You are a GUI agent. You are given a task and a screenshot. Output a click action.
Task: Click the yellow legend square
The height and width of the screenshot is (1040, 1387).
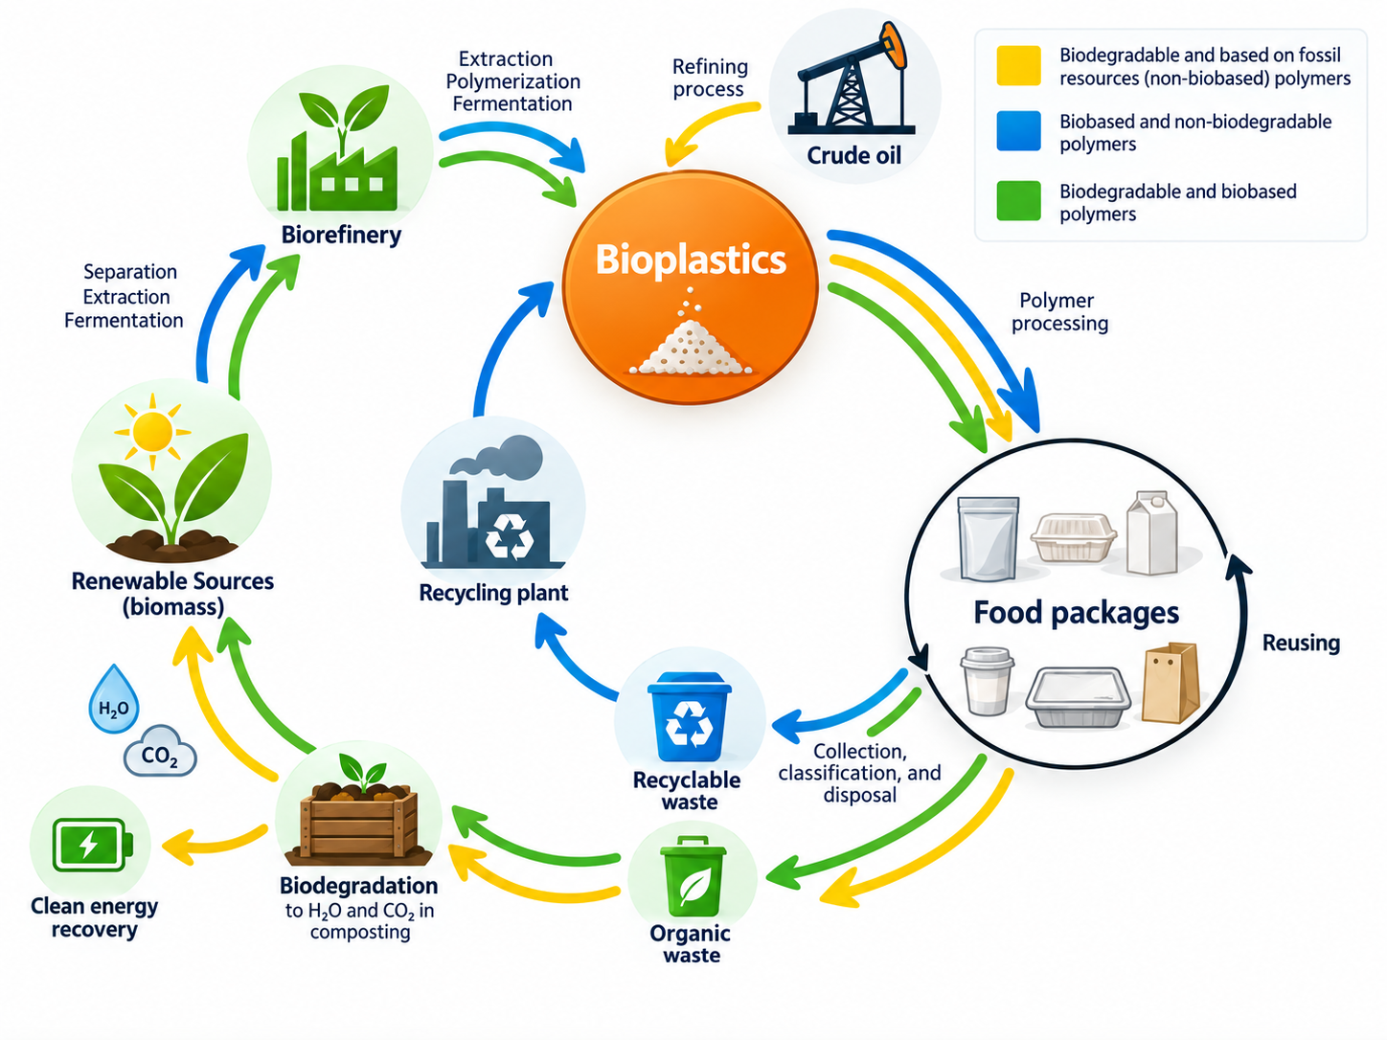1018,65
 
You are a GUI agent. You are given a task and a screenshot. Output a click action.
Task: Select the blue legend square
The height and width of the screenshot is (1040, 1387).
1018,130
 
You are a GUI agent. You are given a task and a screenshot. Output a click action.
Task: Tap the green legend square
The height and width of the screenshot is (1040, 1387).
1018,201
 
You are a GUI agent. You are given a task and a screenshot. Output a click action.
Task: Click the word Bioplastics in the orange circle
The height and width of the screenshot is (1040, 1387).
690,260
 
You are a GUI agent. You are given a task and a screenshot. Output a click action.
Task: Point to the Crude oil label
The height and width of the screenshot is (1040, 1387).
853,155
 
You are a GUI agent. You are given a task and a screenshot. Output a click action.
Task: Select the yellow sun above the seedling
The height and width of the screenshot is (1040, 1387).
152,432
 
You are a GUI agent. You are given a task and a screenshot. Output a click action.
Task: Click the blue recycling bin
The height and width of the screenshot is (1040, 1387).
690,716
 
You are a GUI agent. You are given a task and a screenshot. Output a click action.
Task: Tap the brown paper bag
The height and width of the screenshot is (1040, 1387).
1171,683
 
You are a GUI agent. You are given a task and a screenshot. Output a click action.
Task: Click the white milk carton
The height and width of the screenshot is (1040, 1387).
1152,533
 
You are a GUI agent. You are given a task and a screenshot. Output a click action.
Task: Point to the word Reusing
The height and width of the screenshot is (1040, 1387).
1301,643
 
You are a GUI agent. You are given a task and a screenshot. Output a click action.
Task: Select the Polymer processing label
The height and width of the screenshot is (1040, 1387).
1059,312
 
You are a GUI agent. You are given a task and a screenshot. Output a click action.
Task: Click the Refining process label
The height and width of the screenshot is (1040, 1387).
710,78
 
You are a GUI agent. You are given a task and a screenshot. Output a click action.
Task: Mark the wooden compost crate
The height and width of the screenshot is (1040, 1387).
359,821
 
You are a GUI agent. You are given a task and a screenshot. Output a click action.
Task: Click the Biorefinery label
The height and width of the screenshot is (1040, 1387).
341,235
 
